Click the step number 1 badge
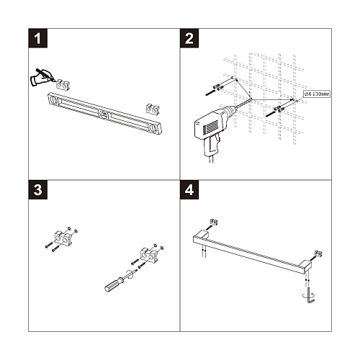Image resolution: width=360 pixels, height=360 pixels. [x=38, y=38]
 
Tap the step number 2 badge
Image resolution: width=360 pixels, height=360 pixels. [x=189, y=38]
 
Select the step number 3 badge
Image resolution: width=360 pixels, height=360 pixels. [x=38, y=189]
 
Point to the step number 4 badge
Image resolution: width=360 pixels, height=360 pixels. [x=189, y=189]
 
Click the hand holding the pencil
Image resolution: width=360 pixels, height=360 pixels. [x=41, y=77]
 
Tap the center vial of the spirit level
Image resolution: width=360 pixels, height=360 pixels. [x=104, y=114]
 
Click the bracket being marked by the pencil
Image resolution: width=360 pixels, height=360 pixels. [x=63, y=85]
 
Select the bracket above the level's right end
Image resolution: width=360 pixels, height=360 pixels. [x=153, y=109]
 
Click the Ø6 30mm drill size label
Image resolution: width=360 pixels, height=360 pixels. [x=317, y=94]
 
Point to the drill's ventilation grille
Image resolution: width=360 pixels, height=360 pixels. [x=210, y=126]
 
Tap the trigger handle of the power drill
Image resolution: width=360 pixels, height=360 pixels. [x=212, y=146]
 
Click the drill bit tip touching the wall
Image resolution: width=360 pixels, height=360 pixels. [x=251, y=99]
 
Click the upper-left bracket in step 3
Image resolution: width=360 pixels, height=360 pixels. [x=62, y=237]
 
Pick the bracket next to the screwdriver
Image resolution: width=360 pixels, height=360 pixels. [x=149, y=255]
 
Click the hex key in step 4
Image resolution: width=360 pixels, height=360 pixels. [x=310, y=296]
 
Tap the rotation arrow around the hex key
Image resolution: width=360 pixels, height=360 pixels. [x=308, y=296]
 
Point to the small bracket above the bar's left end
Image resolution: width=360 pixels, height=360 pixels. [x=214, y=222]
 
